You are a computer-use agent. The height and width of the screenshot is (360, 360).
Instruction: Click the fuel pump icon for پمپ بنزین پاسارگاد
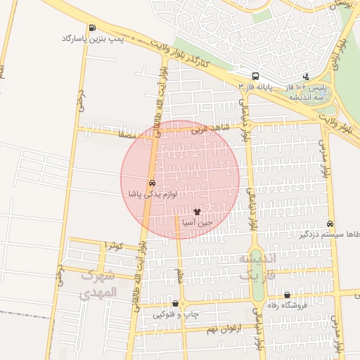point(93,28)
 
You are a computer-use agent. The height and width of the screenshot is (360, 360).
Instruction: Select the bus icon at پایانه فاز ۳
point(255,76)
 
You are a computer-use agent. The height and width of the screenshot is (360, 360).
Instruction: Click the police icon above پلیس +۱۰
point(306,76)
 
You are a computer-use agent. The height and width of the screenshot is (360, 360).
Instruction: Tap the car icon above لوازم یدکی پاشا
point(152,182)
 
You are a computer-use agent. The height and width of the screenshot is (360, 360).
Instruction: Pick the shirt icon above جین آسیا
point(197,211)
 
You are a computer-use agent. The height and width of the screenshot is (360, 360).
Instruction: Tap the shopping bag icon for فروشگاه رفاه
point(288,295)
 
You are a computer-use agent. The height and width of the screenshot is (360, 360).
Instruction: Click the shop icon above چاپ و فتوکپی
point(176,304)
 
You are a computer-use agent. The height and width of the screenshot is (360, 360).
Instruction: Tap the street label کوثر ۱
point(112,245)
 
